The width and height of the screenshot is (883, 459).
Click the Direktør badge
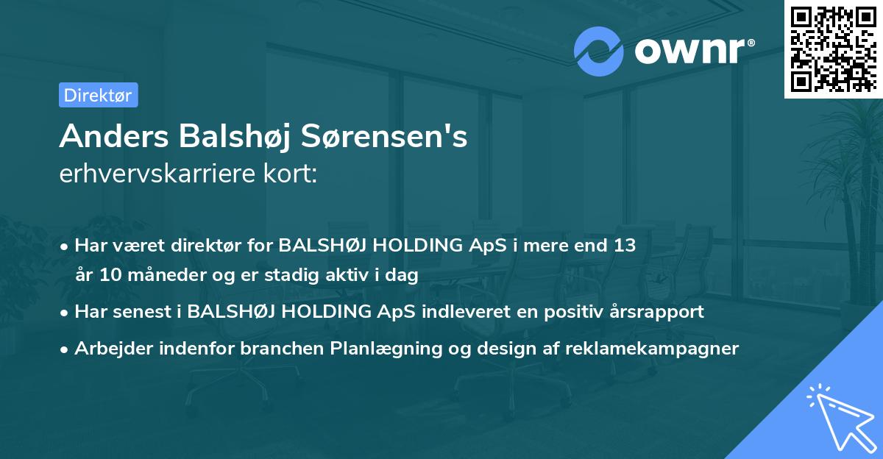point(98,95)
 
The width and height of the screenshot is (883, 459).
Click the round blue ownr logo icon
point(599,51)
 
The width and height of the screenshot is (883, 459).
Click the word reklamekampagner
point(651,348)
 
